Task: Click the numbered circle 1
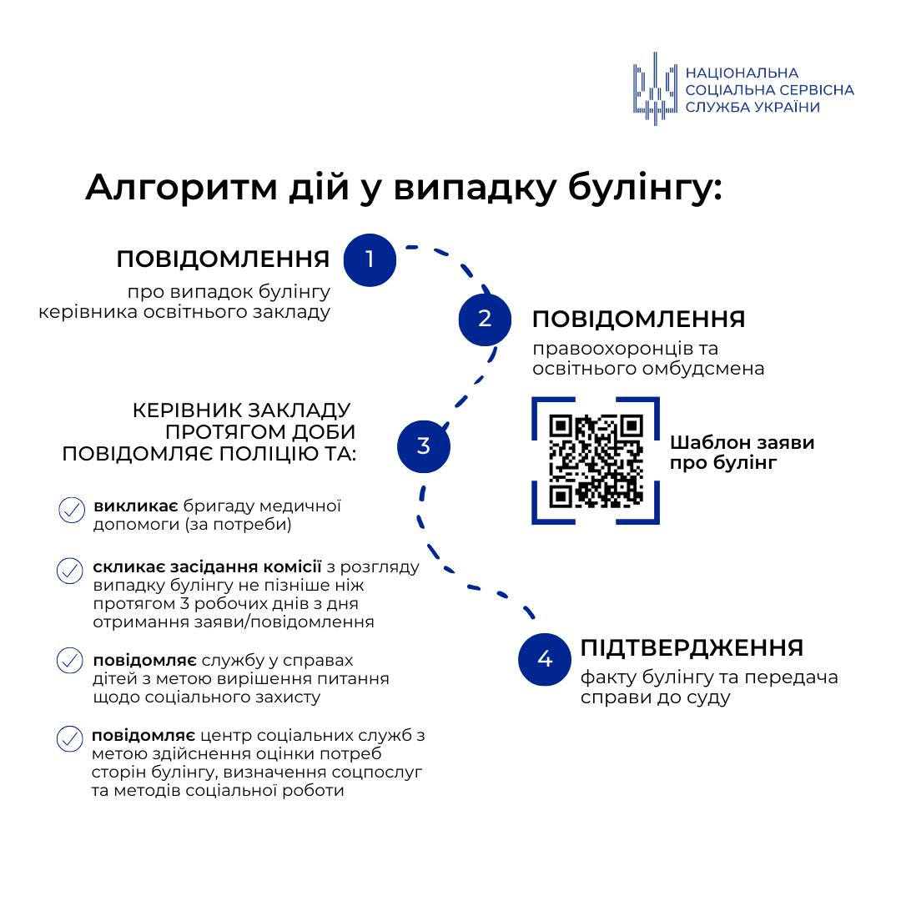[x=370, y=259]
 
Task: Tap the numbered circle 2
[x=485, y=320]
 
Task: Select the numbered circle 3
[x=424, y=446]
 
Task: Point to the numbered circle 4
[x=544, y=659]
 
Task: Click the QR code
[x=596, y=461]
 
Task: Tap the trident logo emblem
[x=655, y=89]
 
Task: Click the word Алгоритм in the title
[x=182, y=188]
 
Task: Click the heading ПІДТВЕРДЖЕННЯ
[x=692, y=647]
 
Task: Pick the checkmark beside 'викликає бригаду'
[x=72, y=511]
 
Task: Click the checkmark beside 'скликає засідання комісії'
[x=69, y=571]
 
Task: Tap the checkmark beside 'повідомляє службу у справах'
[x=69, y=661]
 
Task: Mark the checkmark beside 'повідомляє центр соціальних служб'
[x=69, y=738]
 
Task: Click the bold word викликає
[x=136, y=506]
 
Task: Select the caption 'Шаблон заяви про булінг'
[x=742, y=452]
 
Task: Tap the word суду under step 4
[x=708, y=698]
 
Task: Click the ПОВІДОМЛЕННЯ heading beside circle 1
[x=223, y=259]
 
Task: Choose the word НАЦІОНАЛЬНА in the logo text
[x=742, y=73]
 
